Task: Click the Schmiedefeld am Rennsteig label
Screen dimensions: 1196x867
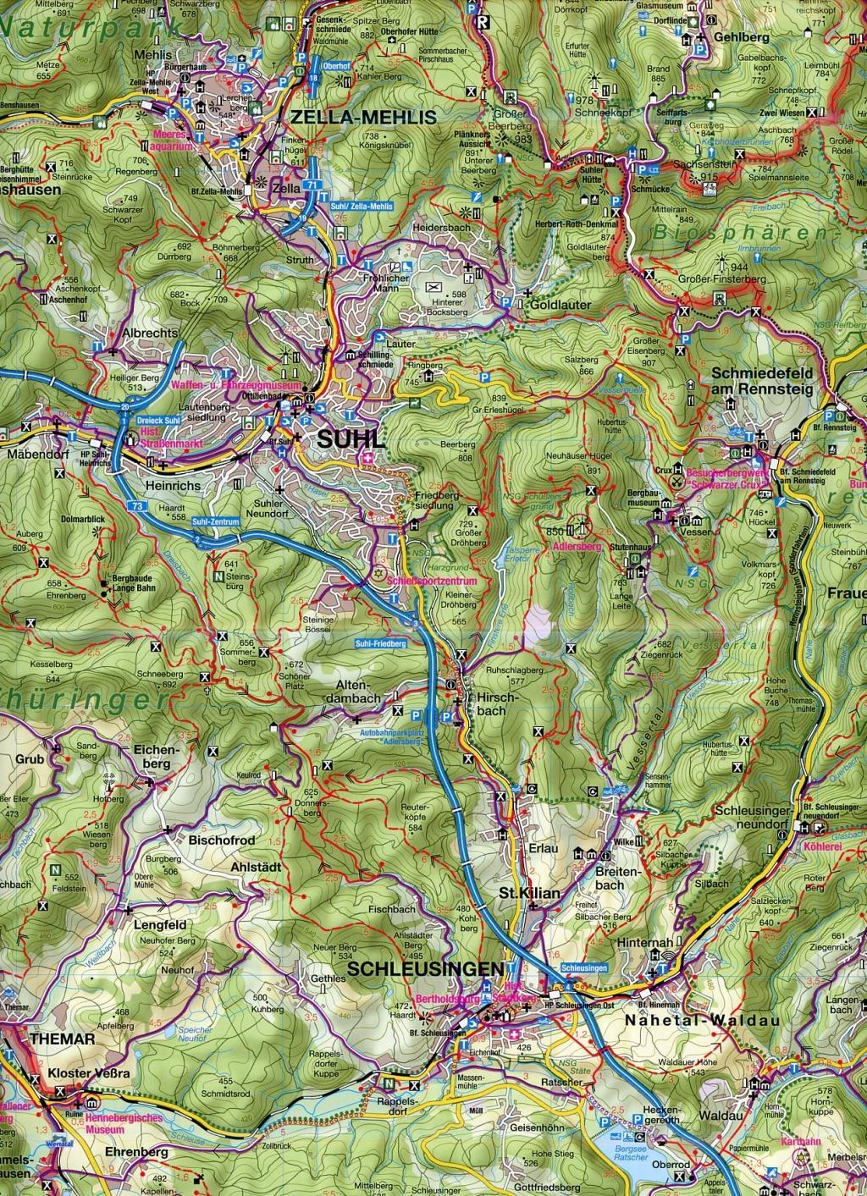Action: click(x=763, y=381)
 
